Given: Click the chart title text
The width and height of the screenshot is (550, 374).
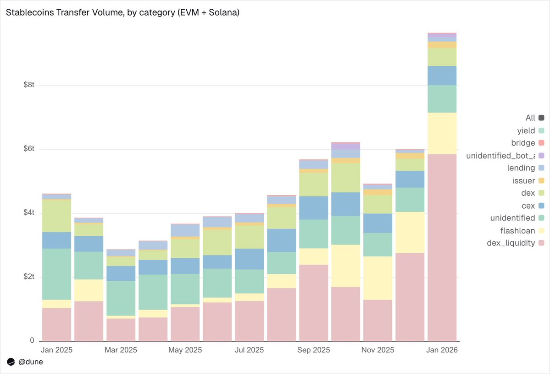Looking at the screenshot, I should point(122,12).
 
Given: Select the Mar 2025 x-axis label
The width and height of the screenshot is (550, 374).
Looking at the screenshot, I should point(121,350).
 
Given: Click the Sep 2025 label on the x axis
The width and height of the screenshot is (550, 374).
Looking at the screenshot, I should point(314,350).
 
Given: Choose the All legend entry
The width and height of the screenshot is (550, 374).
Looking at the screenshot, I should point(530,118).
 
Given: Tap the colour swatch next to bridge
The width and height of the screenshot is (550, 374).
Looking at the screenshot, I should point(541,143).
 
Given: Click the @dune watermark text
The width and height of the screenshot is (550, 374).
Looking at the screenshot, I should point(30,362).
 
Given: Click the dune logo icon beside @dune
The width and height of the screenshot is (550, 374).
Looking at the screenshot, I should point(11,362).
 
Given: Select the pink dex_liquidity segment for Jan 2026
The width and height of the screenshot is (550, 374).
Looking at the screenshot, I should point(442,248).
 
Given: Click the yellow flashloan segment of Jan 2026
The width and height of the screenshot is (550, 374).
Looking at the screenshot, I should point(442,133).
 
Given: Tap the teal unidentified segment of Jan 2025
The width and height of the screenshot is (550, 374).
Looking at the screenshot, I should point(57,274).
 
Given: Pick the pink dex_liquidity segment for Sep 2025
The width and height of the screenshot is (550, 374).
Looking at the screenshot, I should point(314,303).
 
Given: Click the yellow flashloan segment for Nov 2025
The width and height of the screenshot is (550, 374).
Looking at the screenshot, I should point(378,278).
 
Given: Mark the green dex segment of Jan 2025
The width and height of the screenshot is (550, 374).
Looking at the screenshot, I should point(57,216).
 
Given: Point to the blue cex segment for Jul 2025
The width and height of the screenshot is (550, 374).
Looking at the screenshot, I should point(250,259).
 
